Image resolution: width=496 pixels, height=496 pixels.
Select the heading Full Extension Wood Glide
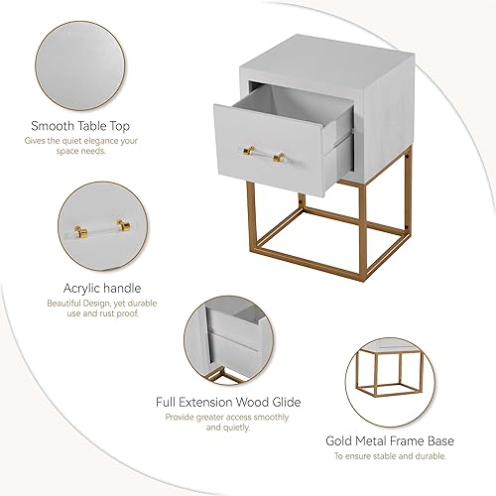(x=228, y=402)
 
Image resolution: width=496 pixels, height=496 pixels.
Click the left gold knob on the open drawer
(x=245, y=150)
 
